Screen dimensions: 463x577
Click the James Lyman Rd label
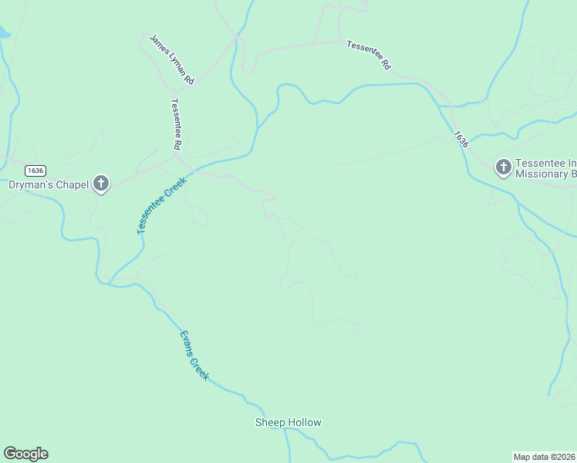[172, 59]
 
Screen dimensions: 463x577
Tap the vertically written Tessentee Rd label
[176, 124]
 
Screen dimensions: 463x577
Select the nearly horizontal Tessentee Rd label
[369, 55]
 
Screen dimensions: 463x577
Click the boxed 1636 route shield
[35, 171]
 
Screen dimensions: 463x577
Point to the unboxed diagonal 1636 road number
[461, 139]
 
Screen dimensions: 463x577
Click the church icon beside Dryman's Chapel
[100, 184]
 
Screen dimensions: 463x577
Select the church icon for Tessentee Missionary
[503, 167]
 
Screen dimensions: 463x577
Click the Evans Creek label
[194, 354]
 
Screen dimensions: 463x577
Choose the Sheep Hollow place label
[288, 422]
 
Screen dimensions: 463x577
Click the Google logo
[25, 454]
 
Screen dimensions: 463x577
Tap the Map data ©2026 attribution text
[544, 456]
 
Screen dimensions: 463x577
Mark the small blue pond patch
[4, 32]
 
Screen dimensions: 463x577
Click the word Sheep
[270, 422]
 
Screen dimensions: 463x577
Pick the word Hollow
[304, 422]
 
